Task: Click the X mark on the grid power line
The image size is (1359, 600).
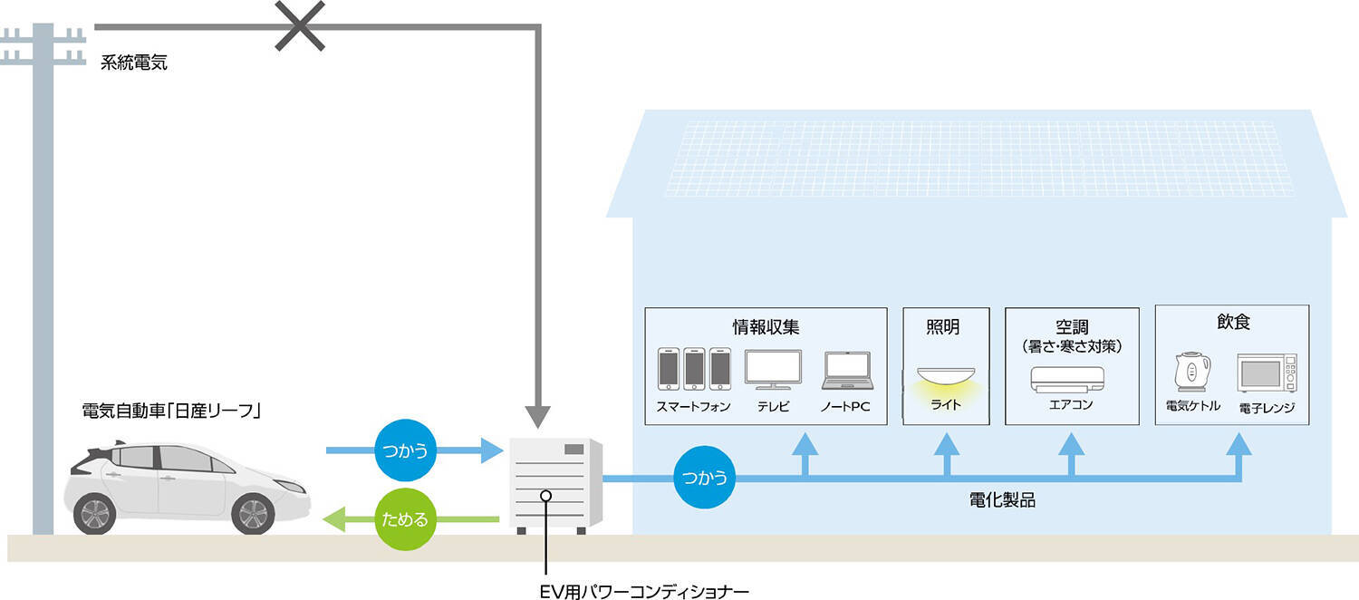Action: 299,25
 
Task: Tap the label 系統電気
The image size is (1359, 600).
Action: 135,63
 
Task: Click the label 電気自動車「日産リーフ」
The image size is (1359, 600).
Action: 172,411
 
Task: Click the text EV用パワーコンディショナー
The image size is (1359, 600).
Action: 642,592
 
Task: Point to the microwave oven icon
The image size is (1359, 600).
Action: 1266,373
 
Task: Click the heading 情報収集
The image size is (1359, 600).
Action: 766,327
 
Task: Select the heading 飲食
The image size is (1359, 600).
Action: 1233,322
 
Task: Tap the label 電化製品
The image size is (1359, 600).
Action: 1001,499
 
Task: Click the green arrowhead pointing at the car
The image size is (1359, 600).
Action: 334,520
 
